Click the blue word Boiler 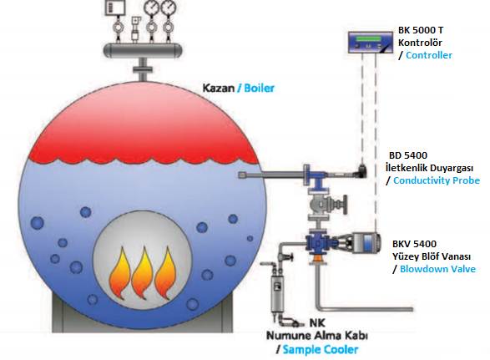[x=259, y=88]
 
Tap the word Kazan [x=219, y=88]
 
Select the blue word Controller [x=429, y=55]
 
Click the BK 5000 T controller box [x=371, y=43]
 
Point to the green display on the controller [x=368, y=38]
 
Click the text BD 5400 [x=408, y=155]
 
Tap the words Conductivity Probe [x=437, y=180]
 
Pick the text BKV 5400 [x=414, y=244]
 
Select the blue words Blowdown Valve [x=437, y=269]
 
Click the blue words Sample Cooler [x=321, y=349]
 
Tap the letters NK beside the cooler [x=317, y=322]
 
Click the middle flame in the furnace [x=143, y=273]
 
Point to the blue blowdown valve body [x=317, y=243]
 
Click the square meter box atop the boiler [x=115, y=7]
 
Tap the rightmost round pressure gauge [x=169, y=7]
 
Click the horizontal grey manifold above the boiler [x=143, y=50]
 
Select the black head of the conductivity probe [x=361, y=170]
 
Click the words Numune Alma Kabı [x=317, y=336]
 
